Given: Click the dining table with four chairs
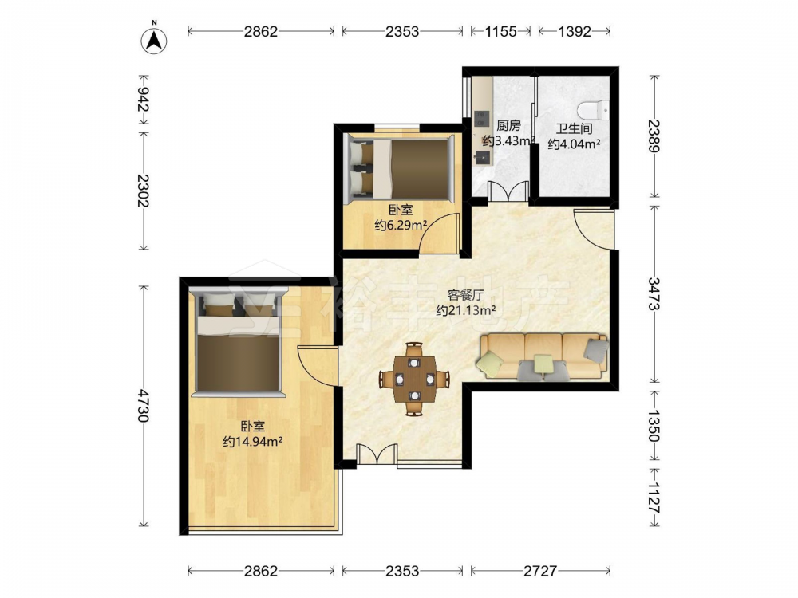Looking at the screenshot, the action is (x=414, y=379).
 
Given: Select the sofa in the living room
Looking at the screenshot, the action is (x=543, y=356).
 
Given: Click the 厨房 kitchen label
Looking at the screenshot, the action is (x=508, y=126).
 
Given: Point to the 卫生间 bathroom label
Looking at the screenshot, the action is (x=574, y=129).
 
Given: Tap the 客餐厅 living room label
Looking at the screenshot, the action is (x=466, y=295).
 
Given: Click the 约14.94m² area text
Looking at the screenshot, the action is (x=253, y=442).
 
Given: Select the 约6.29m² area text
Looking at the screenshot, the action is (x=401, y=225).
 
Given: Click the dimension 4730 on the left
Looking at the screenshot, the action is (x=143, y=406).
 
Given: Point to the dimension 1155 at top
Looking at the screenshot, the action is (x=501, y=32).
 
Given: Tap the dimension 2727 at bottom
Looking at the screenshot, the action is (x=540, y=571).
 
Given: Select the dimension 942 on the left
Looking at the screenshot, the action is (x=143, y=100).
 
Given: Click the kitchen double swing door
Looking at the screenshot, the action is (x=507, y=191).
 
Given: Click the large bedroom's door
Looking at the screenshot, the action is (x=318, y=366).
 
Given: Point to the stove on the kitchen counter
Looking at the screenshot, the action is (x=481, y=119).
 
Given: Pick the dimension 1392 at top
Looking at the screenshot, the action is (x=575, y=32).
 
